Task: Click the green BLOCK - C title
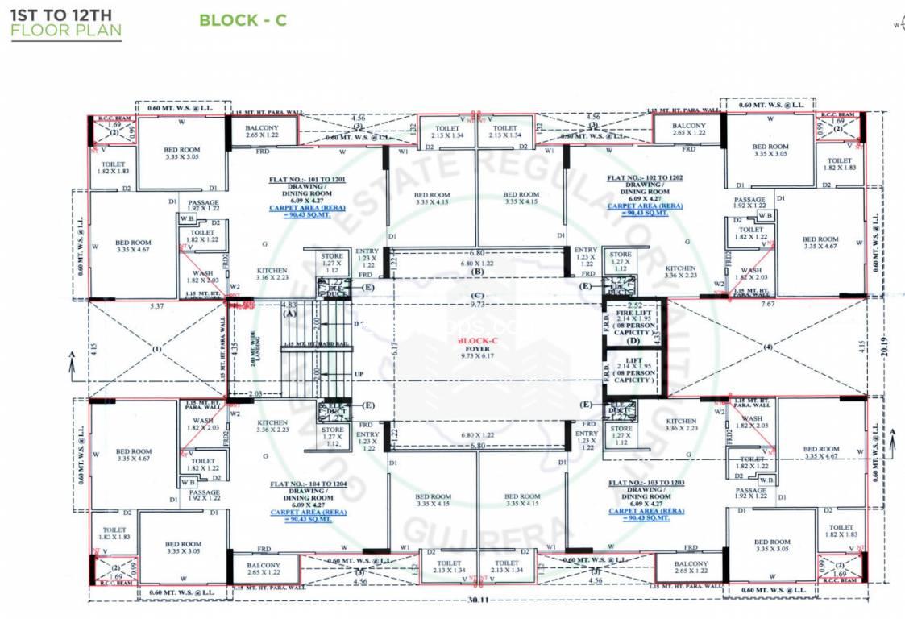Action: [243, 20]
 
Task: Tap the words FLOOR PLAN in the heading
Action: [65, 31]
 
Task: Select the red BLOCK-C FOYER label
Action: [475, 345]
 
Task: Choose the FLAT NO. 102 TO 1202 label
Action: [644, 178]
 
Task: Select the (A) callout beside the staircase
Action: [288, 316]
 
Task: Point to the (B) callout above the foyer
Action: [477, 272]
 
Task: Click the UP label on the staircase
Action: [359, 375]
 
